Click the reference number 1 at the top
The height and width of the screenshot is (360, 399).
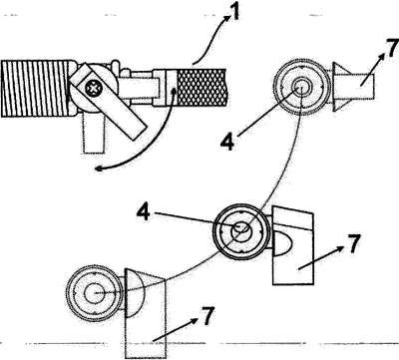point(234,13)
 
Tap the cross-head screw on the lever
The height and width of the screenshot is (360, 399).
point(92,89)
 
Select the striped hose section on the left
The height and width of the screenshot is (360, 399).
point(37,89)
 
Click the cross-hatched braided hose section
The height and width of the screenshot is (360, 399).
point(201,87)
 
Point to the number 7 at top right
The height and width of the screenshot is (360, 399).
point(393,49)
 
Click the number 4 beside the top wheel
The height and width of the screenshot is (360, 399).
point(227,142)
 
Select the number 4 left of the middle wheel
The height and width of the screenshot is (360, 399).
point(144,212)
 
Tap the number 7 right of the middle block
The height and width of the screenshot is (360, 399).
point(353,243)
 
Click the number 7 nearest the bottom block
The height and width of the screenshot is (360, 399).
point(207,316)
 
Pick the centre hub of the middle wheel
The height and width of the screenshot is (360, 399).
point(241,228)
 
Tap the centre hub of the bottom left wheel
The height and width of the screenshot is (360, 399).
point(95,293)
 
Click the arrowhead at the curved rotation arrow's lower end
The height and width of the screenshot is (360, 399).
point(98,169)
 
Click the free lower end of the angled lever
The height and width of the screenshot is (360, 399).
point(140,132)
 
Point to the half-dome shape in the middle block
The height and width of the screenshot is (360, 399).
point(282,243)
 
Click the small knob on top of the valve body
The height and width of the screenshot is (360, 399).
point(115,65)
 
